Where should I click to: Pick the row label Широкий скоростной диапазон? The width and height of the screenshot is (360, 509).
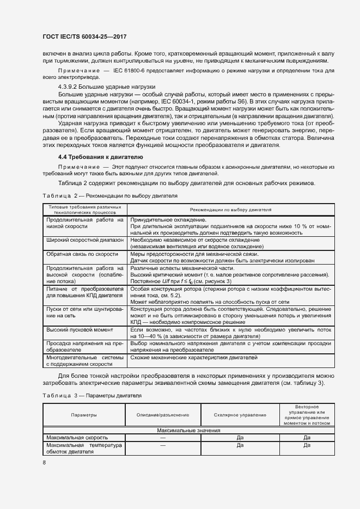(x=85, y=240)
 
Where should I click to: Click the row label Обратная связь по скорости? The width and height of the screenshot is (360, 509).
(x=83, y=254)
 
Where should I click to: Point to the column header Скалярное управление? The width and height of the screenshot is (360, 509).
(x=240, y=415)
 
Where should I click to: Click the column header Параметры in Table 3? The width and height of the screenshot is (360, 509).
(x=84, y=415)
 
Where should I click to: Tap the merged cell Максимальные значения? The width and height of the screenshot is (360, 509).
(x=188, y=431)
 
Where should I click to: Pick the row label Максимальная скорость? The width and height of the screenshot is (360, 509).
(x=77, y=437)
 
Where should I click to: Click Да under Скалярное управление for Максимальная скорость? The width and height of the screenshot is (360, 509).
(x=240, y=437)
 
